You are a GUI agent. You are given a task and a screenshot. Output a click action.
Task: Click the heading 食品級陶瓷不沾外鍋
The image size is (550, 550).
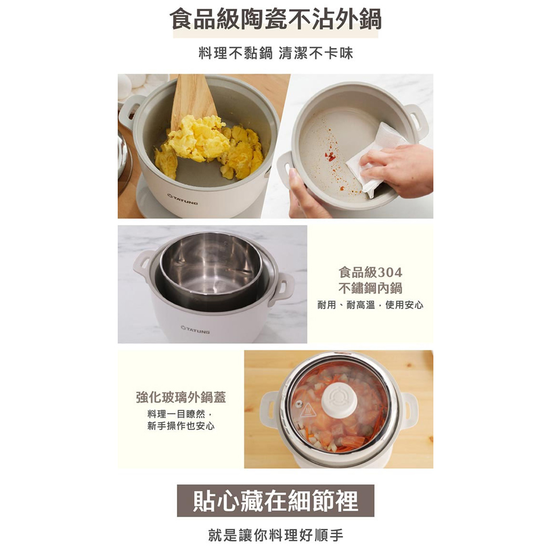click(276, 19)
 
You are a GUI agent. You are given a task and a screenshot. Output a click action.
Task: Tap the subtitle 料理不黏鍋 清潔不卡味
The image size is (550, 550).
click(276, 53)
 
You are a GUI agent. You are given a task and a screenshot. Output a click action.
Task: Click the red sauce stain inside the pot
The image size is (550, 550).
click(330, 157)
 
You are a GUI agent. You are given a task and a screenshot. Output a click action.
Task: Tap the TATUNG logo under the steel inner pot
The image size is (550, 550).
click(195, 329)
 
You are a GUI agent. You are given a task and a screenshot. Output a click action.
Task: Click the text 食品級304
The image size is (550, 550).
click(370, 272)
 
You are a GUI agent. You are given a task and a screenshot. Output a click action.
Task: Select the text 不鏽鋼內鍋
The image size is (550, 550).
click(370, 288)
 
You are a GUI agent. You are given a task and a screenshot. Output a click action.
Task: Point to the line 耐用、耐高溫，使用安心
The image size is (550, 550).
click(370, 305)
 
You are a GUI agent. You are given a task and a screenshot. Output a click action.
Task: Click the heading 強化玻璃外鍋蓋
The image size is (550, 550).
click(181, 397)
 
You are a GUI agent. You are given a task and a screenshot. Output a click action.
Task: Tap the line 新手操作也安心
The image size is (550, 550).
click(181, 426)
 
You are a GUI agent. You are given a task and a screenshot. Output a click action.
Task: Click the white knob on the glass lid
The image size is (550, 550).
click(340, 399)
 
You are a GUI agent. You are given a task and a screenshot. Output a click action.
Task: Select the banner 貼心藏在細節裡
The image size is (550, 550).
click(276, 501)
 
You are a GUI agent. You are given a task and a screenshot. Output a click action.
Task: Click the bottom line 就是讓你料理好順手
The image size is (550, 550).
click(276, 535)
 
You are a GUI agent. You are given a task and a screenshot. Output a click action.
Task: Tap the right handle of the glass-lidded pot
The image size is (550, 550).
click(409, 409)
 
